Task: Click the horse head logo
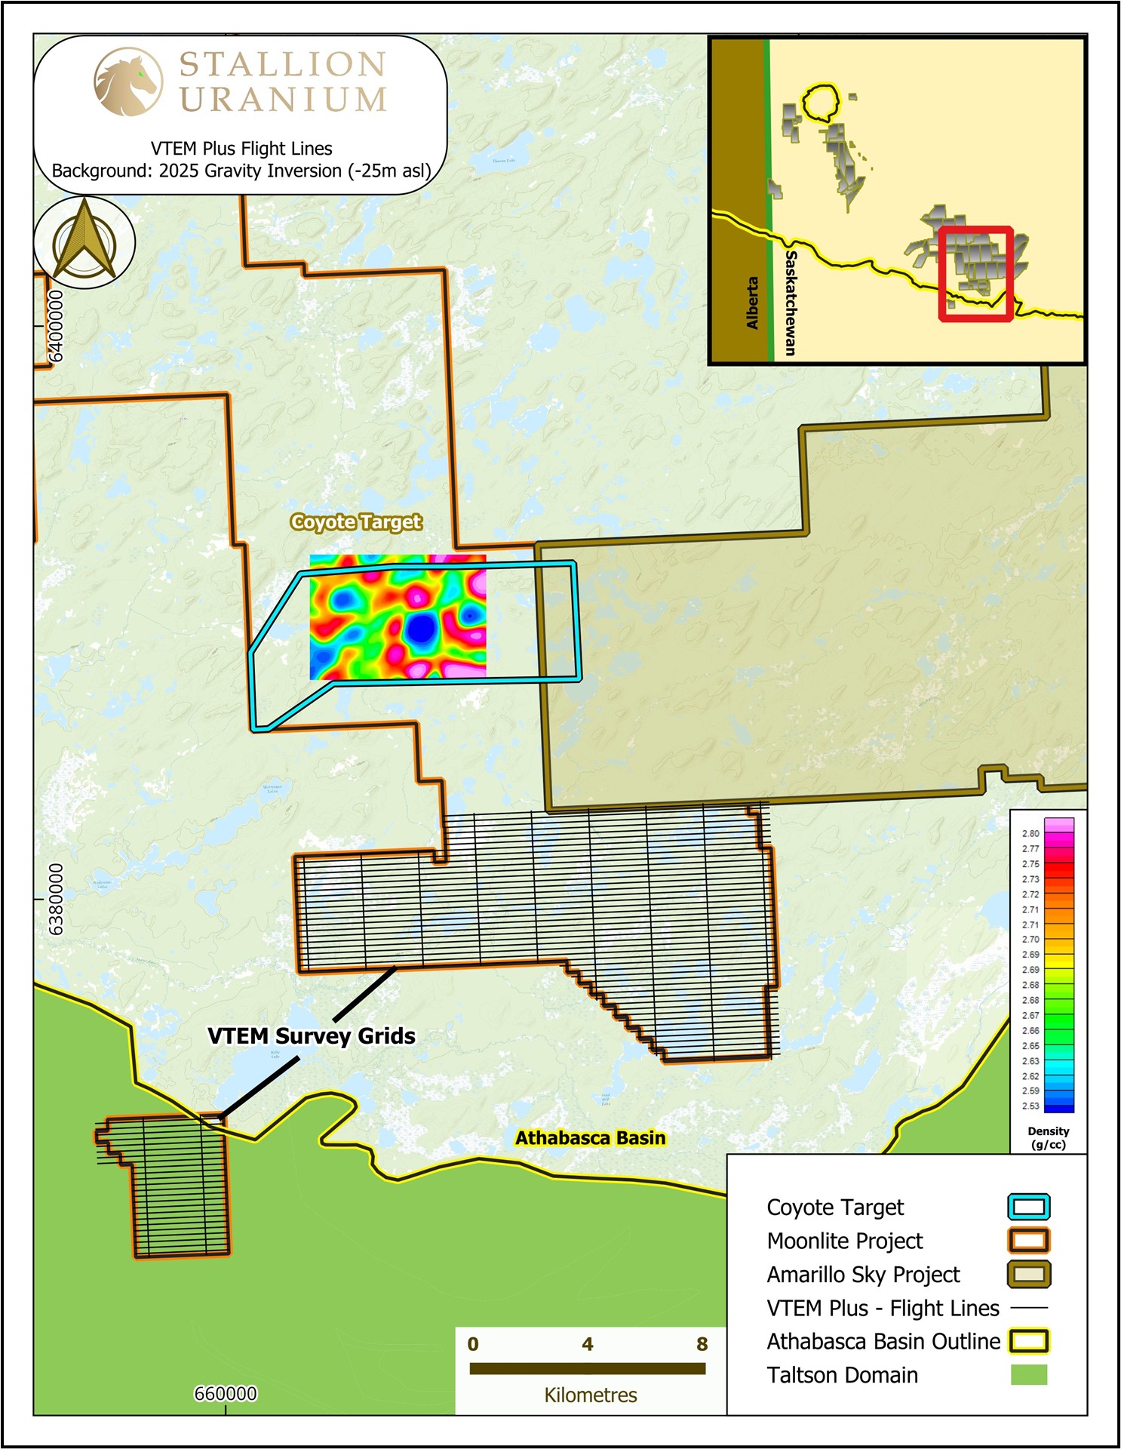pyautogui.click(x=127, y=82)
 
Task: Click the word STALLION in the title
pyautogui.click(x=283, y=65)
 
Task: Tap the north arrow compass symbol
pyautogui.click(x=84, y=241)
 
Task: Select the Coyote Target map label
pyautogui.click(x=356, y=522)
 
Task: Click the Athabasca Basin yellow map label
pyautogui.click(x=590, y=1138)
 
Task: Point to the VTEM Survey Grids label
pyautogui.click(x=312, y=1035)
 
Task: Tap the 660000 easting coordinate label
pyautogui.click(x=226, y=1394)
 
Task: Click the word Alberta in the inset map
pyautogui.click(x=752, y=302)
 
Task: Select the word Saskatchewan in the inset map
pyautogui.click(x=791, y=302)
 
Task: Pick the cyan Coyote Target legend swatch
pyautogui.click(x=1028, y=1207)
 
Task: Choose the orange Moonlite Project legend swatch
pyautogui.click(x=1028, y=1241)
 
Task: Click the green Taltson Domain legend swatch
pyautogui.click(x=1028, y=1374)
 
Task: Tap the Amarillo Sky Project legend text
pyautogui.click(x=863, y=1275)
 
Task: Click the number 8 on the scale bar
pyautogui.click(x=702, y=1344)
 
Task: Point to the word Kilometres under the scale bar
pyautogui.click(x=590, y=1395)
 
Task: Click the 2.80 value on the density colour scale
pyautogui.click(x=1030, y=833)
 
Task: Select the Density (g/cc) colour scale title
pyautogui.click(x=1048, y=1137)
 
